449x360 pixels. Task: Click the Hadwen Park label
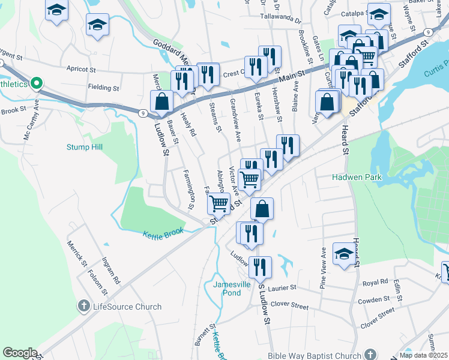pos(357,177)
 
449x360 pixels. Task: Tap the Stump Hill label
pos(84,147)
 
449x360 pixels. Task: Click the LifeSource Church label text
pos(127,307)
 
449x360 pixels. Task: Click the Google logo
pos(20,353)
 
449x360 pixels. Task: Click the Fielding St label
pos(103,88)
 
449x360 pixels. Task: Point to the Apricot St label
pos(82,68)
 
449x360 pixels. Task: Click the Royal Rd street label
pos(375,282)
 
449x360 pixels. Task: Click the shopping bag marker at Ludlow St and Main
pos(161,101)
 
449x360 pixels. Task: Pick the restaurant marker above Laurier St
pos(259,267)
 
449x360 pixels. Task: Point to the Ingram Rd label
pos(112,271)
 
